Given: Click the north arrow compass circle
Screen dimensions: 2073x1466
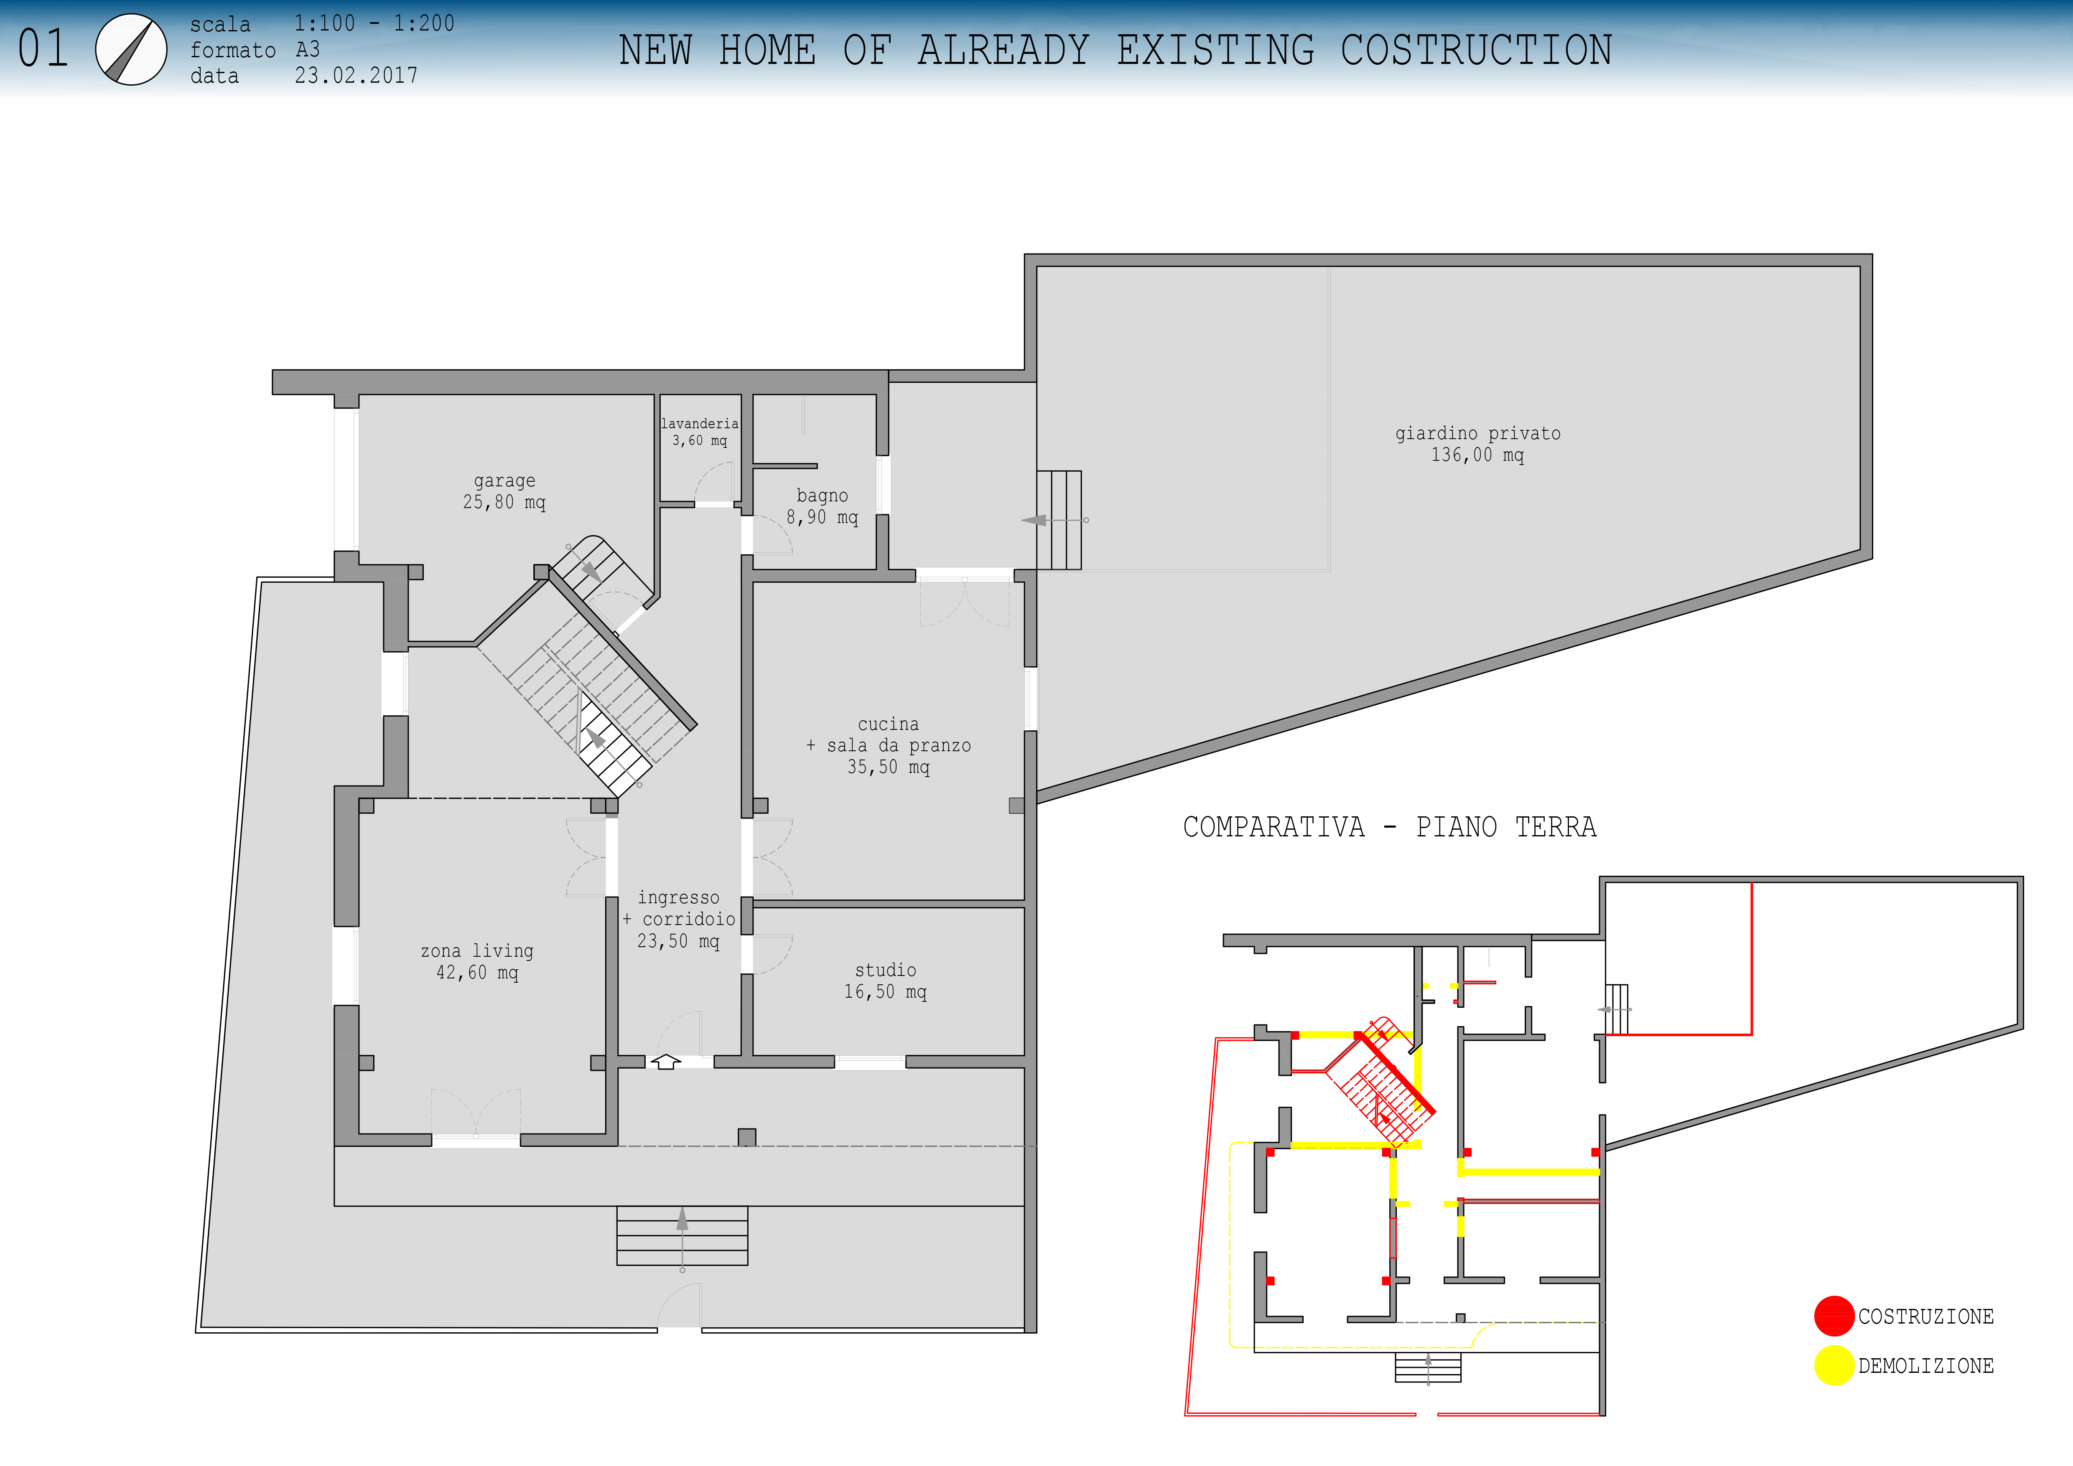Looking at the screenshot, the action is point(131,50).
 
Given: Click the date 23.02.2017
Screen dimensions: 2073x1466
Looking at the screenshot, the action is point(357,76).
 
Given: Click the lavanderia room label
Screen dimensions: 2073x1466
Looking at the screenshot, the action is point(700,432).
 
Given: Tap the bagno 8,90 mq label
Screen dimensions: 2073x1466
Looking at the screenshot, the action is point(823,506).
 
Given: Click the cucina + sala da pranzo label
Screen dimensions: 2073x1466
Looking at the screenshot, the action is point(889,746).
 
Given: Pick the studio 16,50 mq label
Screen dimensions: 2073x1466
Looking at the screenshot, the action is point(886,981).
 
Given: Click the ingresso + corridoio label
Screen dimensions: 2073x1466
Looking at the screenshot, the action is point(679,919).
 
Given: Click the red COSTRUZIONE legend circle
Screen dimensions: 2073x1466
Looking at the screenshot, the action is point(1834,1316).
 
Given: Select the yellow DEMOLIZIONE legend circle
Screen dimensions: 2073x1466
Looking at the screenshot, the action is point(1834,1366).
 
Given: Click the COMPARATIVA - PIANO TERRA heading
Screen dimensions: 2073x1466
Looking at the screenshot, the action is point(1390,827).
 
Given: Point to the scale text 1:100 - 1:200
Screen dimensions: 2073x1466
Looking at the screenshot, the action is point(374,23).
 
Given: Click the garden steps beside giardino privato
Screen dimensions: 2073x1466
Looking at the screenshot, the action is point(1059,520).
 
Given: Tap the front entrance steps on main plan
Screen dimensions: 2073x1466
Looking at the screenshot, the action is point(683,1236).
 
